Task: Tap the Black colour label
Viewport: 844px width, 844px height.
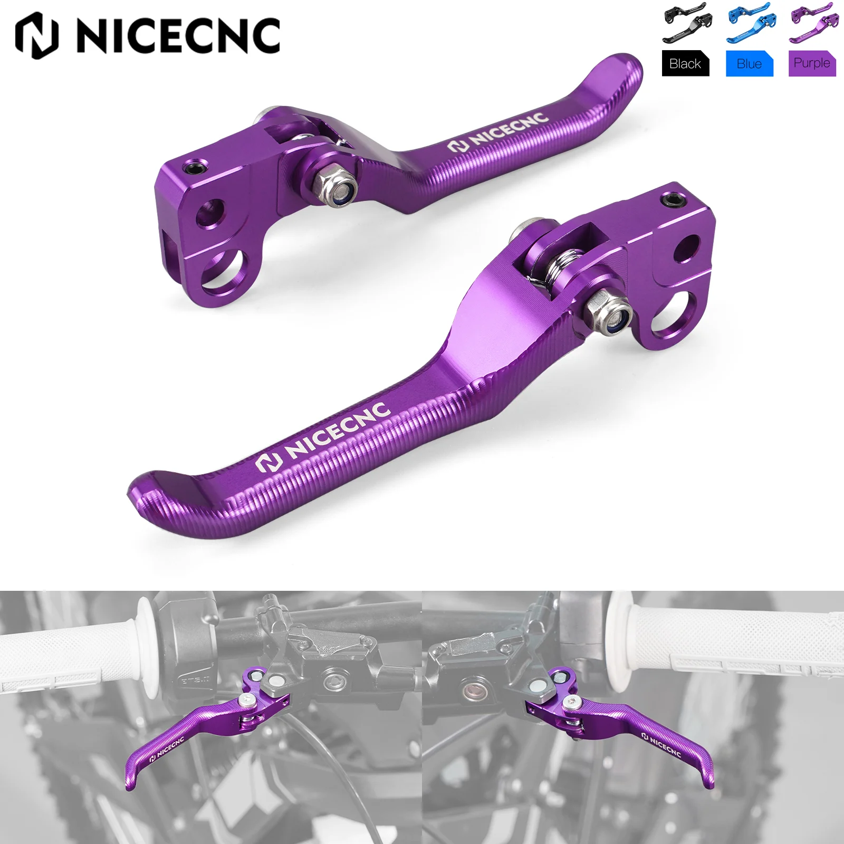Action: pos(685,64)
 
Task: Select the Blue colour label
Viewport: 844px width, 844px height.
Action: pos(749,64)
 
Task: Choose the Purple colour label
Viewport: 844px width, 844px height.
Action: pos(812,63)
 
